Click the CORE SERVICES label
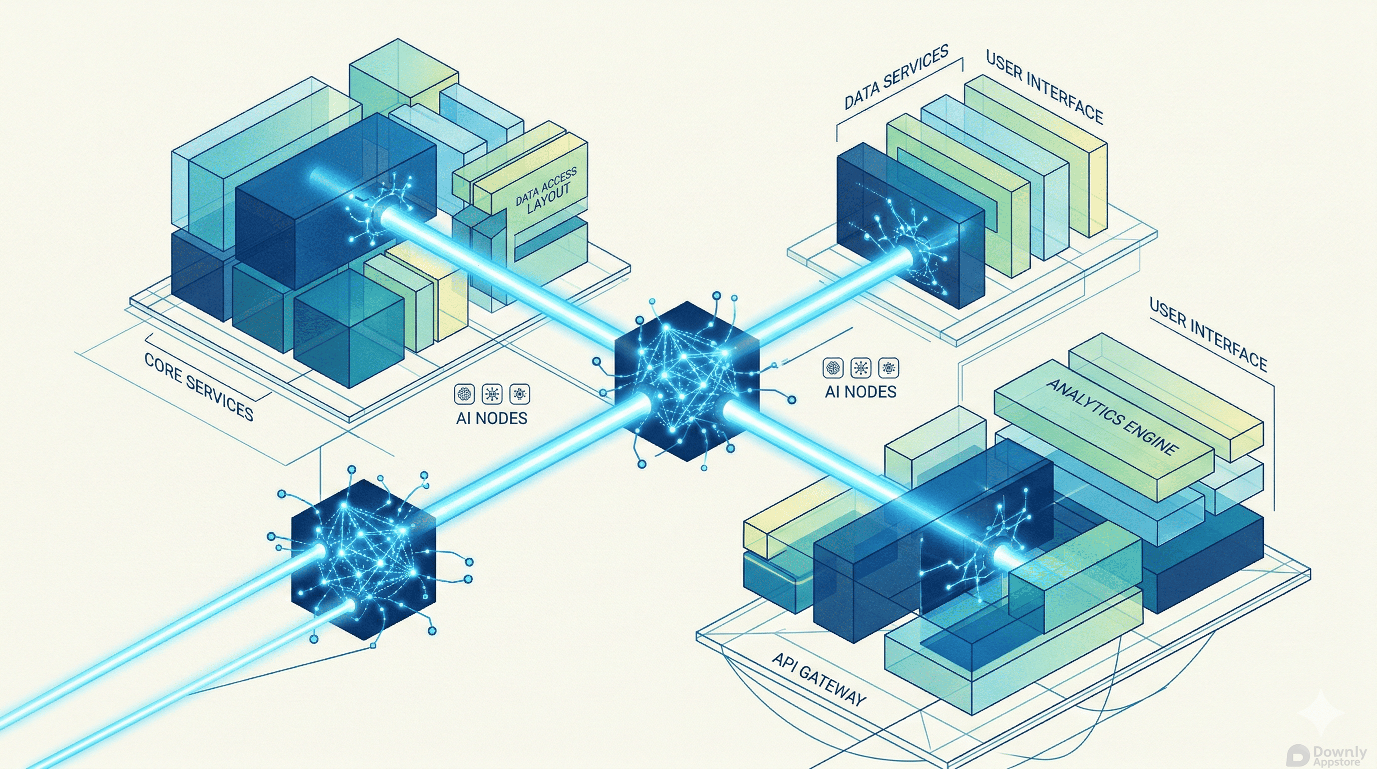click(199, 387)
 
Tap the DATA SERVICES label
click(897, 78)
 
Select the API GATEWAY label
click(818, 680)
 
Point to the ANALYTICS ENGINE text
click(1112, 417)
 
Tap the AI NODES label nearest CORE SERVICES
click(491, 418)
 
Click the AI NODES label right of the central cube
click(860, 392)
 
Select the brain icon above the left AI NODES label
click(464, 394)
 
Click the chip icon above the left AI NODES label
click(519, 394)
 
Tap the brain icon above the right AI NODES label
click(833, 368)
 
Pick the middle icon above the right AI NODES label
click(861, 368)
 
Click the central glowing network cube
click(687, 380)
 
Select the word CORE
click(164, 368)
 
